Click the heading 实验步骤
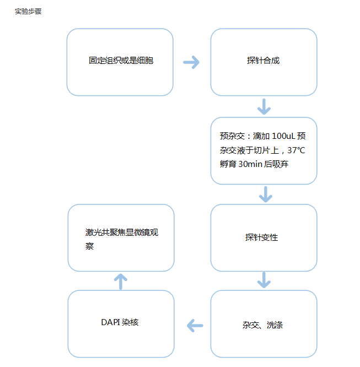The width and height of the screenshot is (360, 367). [28, 12]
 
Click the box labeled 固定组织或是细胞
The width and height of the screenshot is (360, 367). [121, 61]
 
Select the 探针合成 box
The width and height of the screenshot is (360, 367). [263, 61]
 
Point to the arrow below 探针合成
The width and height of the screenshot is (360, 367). [264, 106]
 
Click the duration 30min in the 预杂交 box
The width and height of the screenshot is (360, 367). [250, 164]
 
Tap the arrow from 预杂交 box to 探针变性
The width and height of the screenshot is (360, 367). [265, 194]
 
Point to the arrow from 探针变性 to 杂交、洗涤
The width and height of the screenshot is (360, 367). [264, 280]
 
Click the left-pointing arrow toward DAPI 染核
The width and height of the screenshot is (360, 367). [195, 325]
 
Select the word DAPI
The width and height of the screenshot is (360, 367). [111, 322]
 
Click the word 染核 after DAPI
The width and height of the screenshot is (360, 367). [131, 322]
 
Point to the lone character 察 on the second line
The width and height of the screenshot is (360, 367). [89, 246]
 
